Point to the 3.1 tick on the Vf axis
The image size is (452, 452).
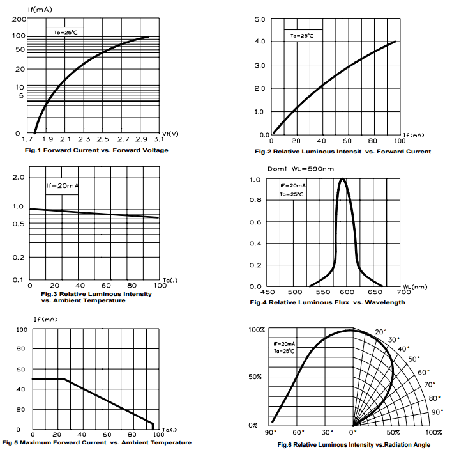pos(158,139)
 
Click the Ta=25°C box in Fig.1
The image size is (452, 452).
pos(64,31)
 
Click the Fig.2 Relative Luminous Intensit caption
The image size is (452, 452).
pos(343,152)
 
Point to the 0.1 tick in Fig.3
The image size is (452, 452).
pos(18,280)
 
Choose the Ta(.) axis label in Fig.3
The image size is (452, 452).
pos(170,279)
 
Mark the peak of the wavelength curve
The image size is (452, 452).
pos(343,179)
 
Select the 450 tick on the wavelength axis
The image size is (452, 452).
pos(269,292)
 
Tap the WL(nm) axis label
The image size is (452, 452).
pos(415,287)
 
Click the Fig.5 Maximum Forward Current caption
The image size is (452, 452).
pos(96,442)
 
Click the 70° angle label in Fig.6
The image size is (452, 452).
pos(430,385)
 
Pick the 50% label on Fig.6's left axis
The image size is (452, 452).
pos(255,377)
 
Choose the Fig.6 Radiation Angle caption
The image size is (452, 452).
pos(354,444)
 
